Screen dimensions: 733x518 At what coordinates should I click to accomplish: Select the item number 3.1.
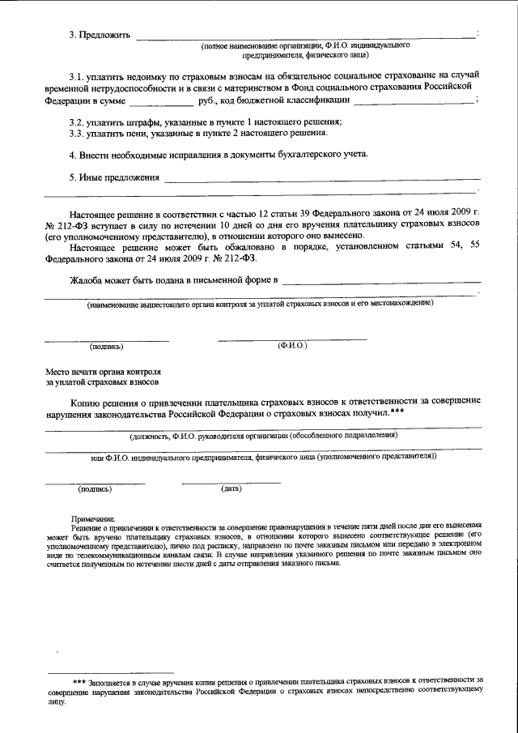click(76, 75)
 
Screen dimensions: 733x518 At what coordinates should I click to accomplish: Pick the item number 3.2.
click(76, 121)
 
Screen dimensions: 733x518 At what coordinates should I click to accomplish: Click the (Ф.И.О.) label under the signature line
click(291, 346)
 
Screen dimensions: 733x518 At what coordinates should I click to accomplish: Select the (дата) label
click(231, 489)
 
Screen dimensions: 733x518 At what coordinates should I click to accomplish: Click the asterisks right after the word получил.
click(397, 412)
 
